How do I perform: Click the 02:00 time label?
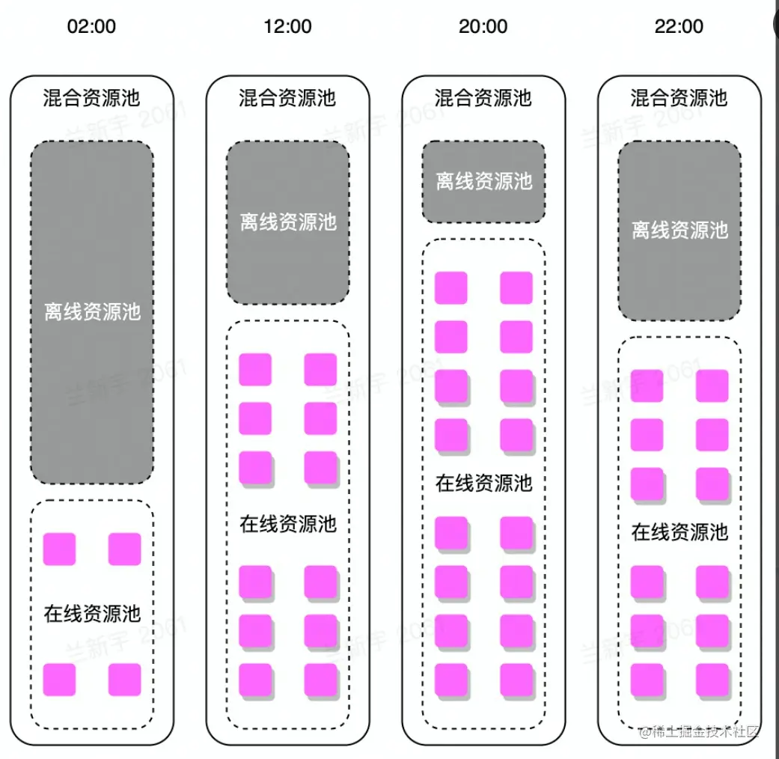[91, 27]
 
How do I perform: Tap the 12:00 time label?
[287, 27]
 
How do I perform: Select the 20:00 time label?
[483, 27]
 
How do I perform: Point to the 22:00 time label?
[679, 27]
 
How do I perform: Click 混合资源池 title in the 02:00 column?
[91, 98]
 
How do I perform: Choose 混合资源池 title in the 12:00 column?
[287, 98]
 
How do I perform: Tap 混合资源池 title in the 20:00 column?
[483, 98]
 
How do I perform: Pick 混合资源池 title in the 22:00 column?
[679, 98]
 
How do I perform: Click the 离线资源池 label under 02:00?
[92, 312]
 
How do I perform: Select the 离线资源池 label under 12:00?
[288, 222]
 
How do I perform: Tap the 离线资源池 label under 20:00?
[483, 181]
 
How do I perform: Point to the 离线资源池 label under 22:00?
[679, 230]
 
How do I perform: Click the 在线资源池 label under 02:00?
[92, 615]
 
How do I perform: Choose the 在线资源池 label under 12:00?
[288, 524]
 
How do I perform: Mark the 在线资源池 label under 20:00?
[483, 483]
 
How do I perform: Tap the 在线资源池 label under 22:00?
[679, 532]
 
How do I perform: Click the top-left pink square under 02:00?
[59, 549]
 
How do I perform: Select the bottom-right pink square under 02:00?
[124, 679]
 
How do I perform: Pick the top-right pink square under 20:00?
[516, 287]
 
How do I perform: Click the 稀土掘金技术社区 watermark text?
[699, 731]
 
